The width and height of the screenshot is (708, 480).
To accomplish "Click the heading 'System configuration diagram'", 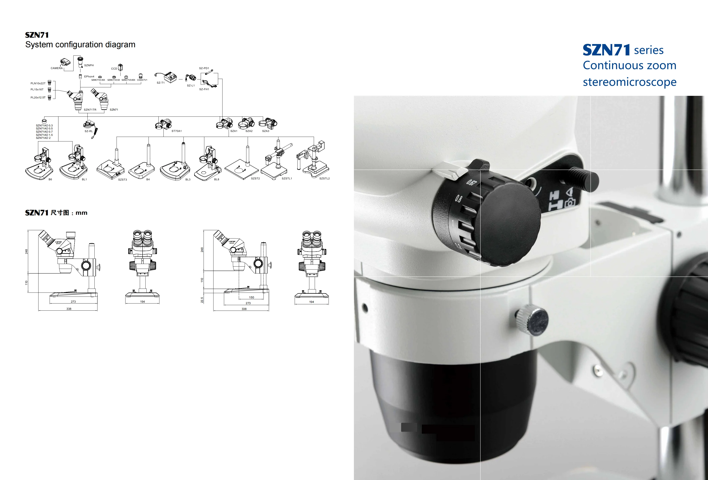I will click(80, 45).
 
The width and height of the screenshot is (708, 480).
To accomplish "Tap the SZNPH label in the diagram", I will click(89, 65).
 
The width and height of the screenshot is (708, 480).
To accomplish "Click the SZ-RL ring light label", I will click(89, 131).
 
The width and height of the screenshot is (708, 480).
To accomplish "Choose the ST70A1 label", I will click(176, 131).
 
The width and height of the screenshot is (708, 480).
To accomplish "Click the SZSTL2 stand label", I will click(324, 179).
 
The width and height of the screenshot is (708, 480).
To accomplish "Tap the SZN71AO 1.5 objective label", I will click(44, 135).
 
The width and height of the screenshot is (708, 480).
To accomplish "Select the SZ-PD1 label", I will click(204, 68).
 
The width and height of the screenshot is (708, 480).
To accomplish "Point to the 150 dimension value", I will click(251, 297).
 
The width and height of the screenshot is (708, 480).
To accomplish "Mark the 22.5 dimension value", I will click(202, 300).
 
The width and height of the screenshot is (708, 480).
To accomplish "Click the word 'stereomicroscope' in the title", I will click(629, 82).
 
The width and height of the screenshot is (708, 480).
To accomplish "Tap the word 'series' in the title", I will click(649, 50).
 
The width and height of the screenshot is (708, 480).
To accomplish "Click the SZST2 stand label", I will click(255, 179).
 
